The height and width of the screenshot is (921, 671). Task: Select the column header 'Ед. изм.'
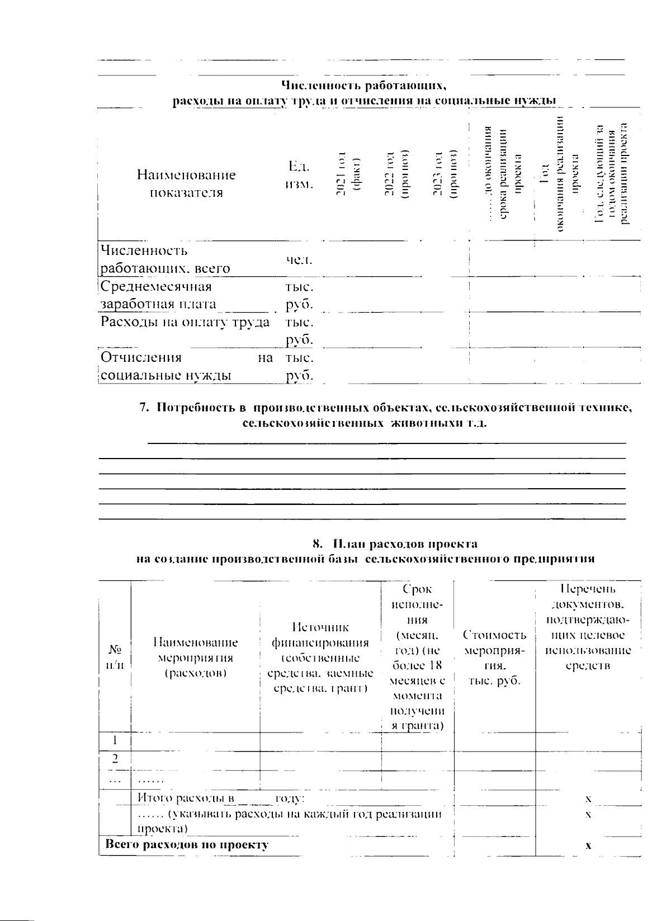point(299,176)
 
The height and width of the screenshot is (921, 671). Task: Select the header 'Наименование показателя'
point(186,183)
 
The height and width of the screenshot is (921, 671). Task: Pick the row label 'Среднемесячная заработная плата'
point(158,295)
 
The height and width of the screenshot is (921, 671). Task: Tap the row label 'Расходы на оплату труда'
point(185,322)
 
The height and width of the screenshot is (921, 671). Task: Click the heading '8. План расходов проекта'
point(395,544)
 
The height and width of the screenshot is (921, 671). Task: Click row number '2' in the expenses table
point(115,759)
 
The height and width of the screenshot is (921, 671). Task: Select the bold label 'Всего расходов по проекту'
point(187,844)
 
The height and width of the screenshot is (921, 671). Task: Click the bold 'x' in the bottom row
point(588,846)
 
